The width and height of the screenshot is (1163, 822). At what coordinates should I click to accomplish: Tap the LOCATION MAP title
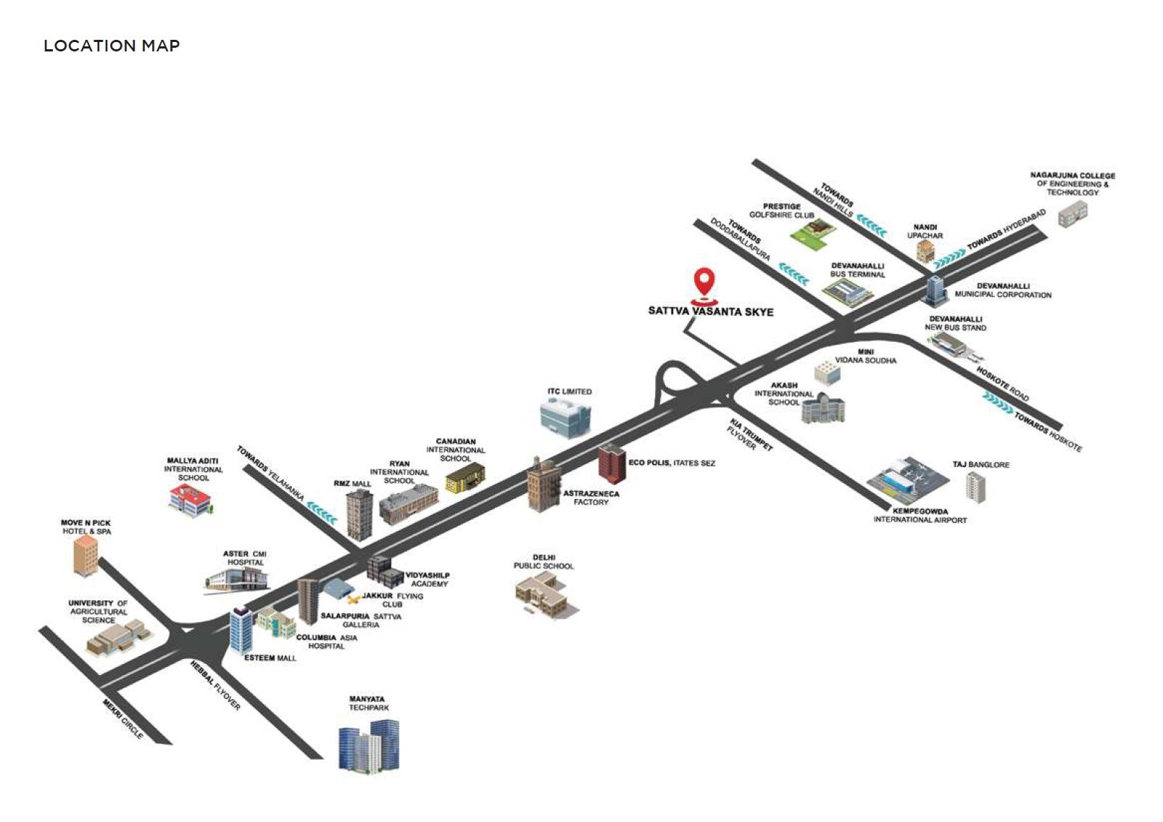tap(112, 46)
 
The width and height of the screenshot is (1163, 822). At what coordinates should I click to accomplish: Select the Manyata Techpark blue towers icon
tap(370, 744)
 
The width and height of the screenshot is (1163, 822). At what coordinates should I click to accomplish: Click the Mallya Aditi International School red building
tap(189, 499)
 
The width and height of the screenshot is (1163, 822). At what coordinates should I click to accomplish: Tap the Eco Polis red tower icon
tap(611, 464)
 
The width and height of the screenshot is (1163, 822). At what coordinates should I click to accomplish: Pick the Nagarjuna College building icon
tap(1072, 214)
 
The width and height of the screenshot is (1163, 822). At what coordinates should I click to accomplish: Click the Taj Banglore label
tap(980, 465)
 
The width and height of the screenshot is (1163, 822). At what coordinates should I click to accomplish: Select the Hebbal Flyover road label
tap(214, 684)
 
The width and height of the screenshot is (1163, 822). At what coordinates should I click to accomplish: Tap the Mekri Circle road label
tap(122, 718)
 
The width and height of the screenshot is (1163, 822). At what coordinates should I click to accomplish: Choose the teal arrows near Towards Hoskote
tap(998, 401)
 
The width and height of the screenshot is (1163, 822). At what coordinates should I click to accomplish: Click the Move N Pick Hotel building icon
tap(86, 555)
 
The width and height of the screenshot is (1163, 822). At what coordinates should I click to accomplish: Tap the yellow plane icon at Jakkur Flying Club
tap(354, 599)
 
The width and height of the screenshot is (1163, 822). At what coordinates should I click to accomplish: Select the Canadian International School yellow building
tap(464, 479)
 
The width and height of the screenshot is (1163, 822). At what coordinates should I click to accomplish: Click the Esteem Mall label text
tap(270, 658)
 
